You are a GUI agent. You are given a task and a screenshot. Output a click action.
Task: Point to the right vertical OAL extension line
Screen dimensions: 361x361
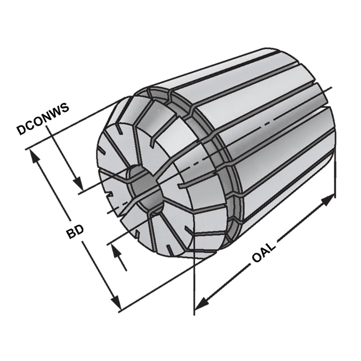(335, 180)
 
